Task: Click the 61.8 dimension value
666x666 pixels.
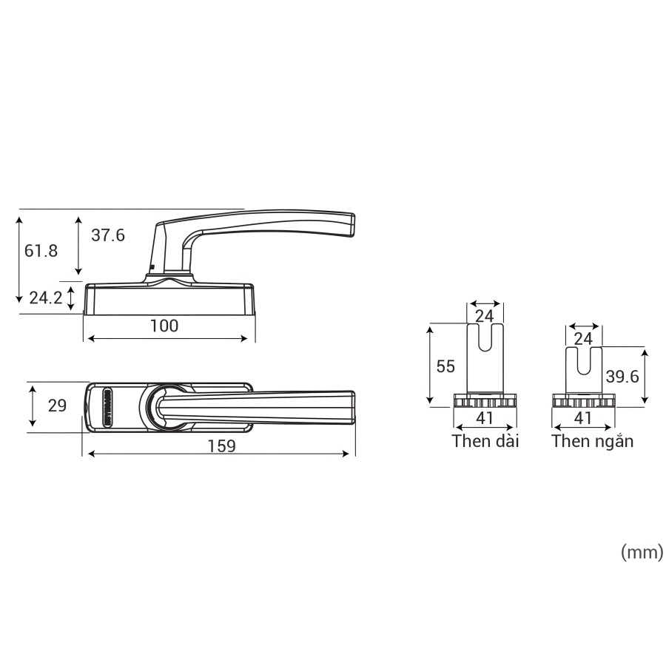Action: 41,251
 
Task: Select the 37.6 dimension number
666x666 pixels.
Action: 107,235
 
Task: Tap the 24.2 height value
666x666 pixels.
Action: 45,297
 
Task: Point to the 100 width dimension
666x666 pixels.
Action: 164,326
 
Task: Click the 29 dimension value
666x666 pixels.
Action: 57,406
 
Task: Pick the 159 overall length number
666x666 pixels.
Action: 221,446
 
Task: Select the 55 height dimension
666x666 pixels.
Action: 445,366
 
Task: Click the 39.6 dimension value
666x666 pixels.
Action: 622,376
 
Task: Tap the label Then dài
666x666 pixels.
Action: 485,442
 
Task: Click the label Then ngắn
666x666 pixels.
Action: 592,442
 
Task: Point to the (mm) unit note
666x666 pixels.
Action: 641,552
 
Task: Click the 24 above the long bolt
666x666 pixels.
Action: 484,317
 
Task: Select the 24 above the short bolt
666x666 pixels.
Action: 583,339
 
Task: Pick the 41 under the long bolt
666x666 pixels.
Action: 484,418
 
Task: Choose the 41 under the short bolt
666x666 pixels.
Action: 583,418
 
